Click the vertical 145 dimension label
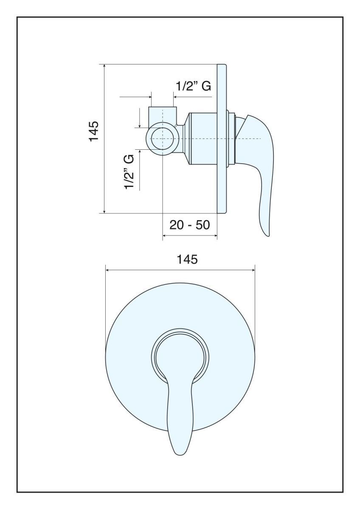click(x=94, y=131)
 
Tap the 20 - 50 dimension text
click(x=189, y=225)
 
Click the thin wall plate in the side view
click(x=222, y=139)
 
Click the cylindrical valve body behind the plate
click(x=202, y=139)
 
